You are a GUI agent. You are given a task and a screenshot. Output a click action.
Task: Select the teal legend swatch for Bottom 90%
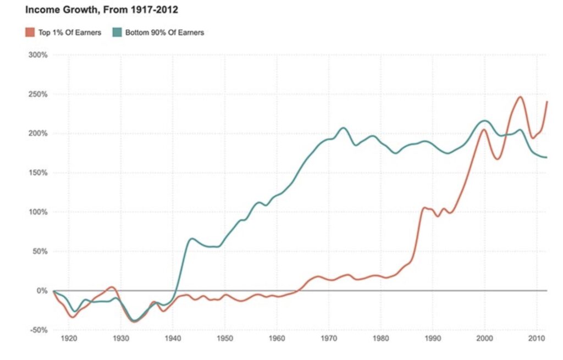point(117,32)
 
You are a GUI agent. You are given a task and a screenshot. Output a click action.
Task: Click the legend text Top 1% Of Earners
point(70,32)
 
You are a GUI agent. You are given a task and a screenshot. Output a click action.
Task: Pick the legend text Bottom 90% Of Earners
point(164,32)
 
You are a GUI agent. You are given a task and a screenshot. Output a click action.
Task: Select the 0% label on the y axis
point(42,291)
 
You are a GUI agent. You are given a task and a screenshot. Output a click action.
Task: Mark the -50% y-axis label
point(38,330)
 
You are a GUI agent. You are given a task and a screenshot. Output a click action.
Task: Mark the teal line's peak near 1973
point(343,128)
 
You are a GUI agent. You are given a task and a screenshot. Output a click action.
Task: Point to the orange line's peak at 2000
point(484,130)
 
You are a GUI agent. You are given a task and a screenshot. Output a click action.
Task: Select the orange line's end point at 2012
point(547,102)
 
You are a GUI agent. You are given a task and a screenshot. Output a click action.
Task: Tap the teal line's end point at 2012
point(547,158)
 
